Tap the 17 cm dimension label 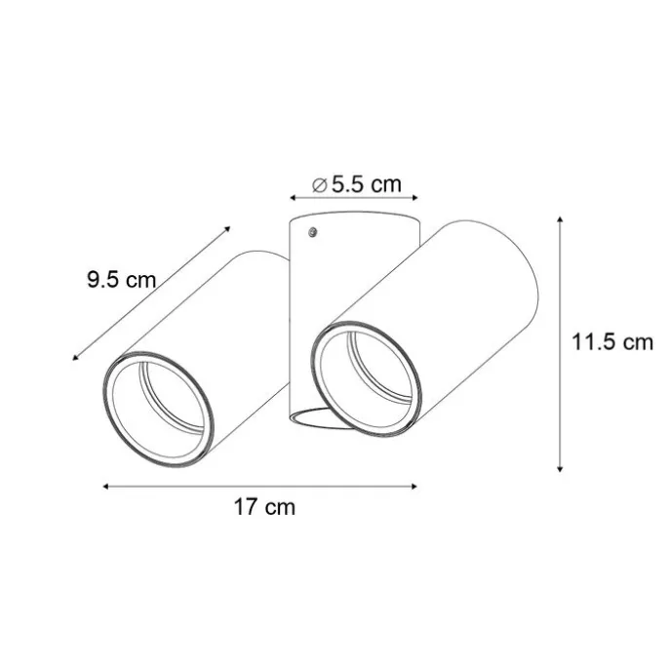coord(263,507)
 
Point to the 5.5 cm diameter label coord(365,183)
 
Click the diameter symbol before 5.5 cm coord(318,184)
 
